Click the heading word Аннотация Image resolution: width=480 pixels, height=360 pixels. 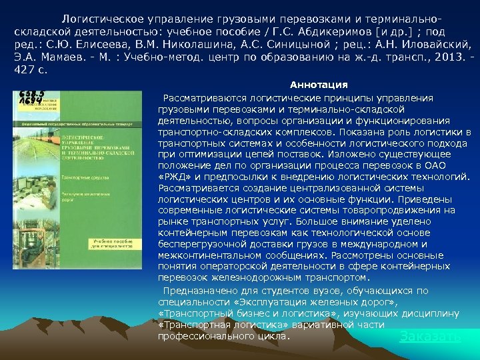point(319,85)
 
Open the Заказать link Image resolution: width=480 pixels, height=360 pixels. point(430,337)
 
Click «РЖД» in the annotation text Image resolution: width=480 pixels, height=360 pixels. point(174,175)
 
